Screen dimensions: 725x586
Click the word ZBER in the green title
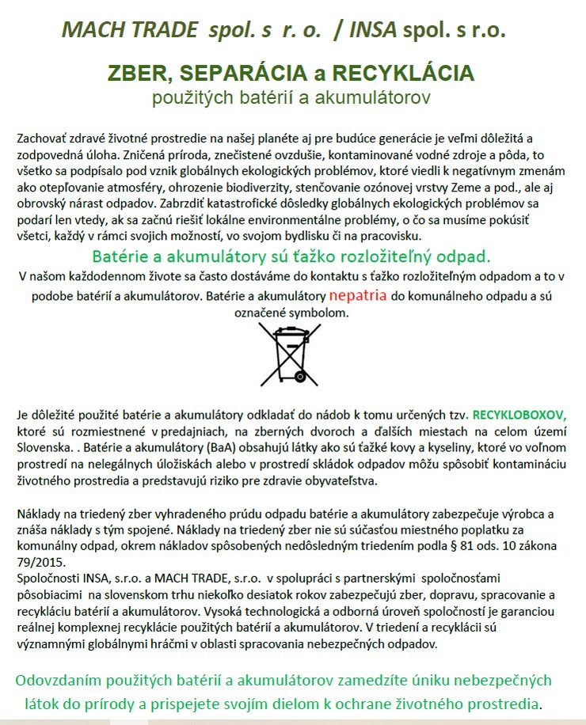point(139,74)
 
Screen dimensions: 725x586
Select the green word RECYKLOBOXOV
point(519,414)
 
